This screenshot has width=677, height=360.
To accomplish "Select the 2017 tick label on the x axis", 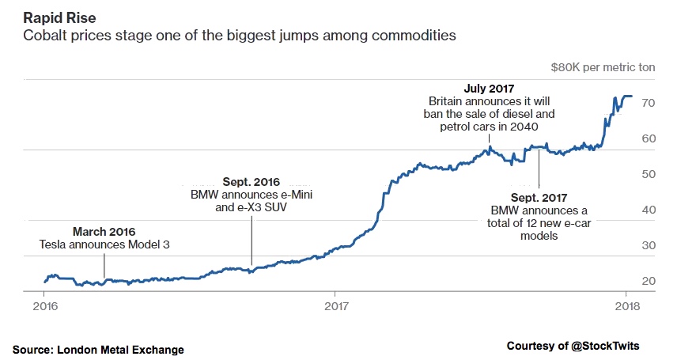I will point(336,305).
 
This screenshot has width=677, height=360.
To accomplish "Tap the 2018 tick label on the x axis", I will point(628,305).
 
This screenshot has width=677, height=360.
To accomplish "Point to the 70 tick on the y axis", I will point(647,104).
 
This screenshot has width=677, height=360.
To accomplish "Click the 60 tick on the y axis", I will point(647,139).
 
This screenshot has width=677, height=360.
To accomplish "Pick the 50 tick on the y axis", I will point(647,175).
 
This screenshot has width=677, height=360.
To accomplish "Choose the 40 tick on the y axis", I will point(647,210).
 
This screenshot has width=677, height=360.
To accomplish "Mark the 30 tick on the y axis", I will point(647,246).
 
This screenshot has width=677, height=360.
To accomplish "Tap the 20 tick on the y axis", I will point(647,282).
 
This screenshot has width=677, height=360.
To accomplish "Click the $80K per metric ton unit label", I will point(603,67).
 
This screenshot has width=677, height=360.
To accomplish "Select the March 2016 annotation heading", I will point(104,232).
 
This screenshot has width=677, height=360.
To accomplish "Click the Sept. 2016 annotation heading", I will point(252,181).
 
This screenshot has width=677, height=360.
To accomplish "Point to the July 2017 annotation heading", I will point(490,89).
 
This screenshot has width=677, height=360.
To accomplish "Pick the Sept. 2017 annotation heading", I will point(540,197).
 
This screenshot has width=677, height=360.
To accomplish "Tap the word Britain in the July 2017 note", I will point(448,101).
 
